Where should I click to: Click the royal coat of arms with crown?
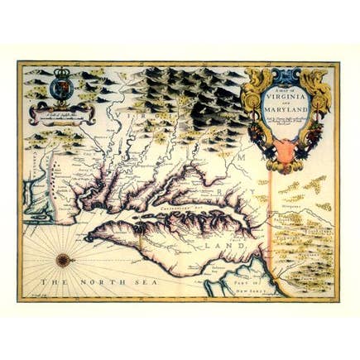(63, 85)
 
